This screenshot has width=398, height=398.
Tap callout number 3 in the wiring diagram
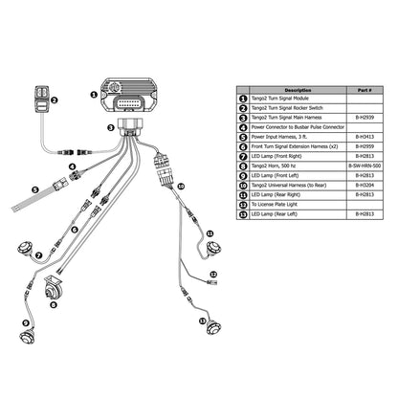pos(111,126)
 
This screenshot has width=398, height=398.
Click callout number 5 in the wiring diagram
pos(35,191)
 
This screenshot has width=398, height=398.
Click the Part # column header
pos(365,89)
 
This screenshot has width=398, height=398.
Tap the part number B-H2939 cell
pos(364,114)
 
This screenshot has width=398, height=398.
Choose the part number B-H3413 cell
pos(364,140)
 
